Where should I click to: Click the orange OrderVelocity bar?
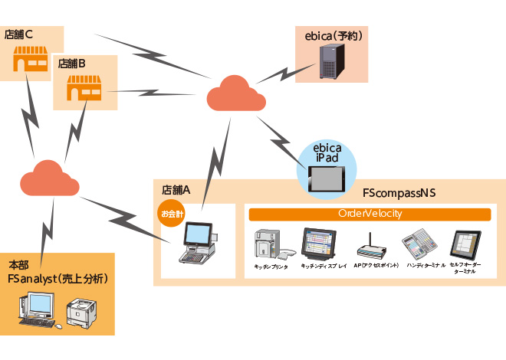click(370, 214)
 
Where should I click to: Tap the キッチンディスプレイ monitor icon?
click(317, 243)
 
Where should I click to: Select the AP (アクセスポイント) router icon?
click(370, 248)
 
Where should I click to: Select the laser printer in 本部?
click(83, 313)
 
